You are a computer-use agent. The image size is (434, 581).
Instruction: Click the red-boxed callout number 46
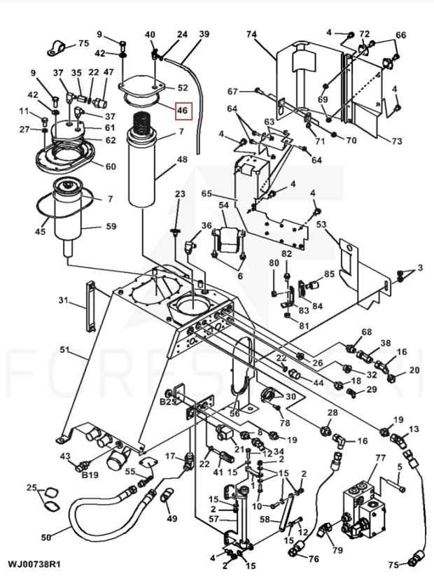point(183,111)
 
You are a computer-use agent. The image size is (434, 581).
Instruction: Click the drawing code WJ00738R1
point(34,564)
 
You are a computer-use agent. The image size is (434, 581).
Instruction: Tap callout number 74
point(251,34)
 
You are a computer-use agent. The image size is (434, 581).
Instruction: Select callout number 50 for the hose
point(45,537)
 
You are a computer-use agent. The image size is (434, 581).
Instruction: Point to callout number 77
point(380,458)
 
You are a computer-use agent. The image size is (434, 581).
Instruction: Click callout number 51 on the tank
point(65,349)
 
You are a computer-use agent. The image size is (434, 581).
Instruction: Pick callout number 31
point(64,300)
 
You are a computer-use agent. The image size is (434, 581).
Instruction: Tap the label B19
point(90,475)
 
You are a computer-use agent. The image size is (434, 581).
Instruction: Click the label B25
point(167,402)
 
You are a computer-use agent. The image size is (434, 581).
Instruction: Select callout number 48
point(182,160)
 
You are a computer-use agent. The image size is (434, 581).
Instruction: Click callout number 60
point(111,167)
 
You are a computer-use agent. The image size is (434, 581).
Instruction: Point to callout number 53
point(321,224)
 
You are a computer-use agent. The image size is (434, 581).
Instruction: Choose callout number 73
point(396,141)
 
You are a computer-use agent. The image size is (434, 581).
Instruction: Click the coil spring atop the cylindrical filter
point(141,123)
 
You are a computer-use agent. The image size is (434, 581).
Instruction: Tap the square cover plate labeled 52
point(141,85)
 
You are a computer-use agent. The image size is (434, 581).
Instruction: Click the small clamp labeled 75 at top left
point(56,47)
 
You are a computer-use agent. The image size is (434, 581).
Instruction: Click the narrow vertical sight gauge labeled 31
point(91,307)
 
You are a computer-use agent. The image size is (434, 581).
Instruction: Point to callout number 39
point(204,34)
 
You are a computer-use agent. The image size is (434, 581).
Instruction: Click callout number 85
point(329,274)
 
